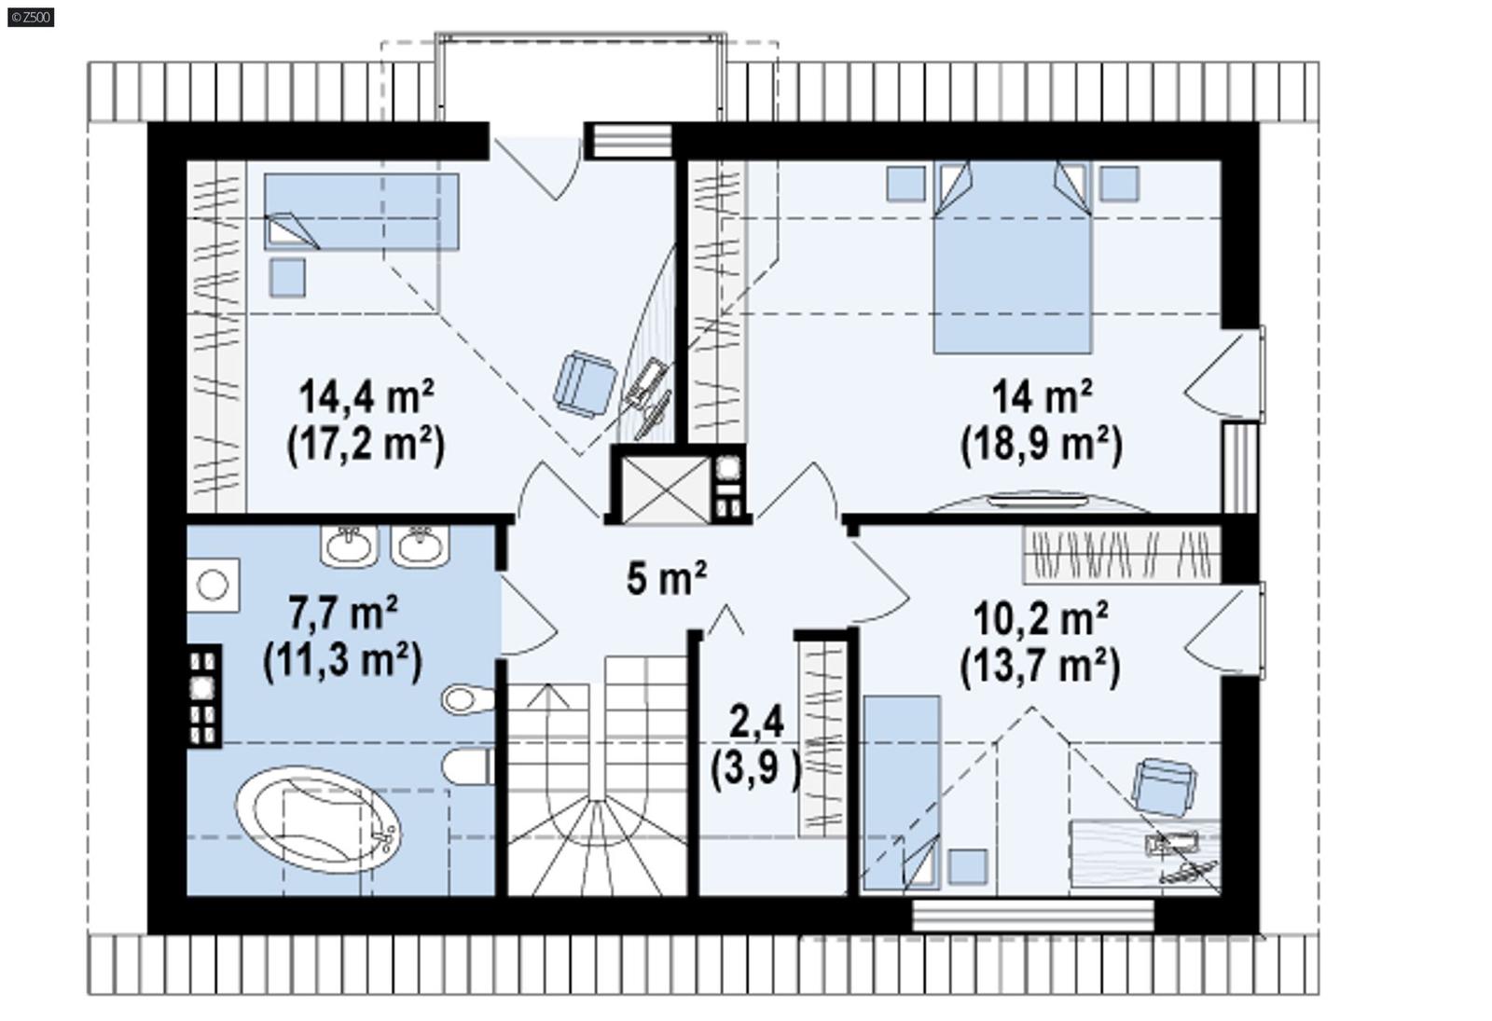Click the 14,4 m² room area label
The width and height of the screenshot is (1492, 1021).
(x=366, y=398)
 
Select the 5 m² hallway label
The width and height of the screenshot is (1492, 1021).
(x=666, y=578)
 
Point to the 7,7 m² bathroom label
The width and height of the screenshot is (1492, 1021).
(x=343, y=614)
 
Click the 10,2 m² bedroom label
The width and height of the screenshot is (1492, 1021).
(x=1040, y=617)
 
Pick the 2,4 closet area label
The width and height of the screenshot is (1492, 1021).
(x=756, y=721)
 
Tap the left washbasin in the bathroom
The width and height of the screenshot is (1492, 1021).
(x=350, y=545)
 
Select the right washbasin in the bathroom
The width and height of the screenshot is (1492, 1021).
(x=420, y=545)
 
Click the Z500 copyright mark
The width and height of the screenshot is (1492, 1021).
(x=30, y=17)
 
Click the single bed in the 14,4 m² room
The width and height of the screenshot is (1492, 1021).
(x=361, y=212)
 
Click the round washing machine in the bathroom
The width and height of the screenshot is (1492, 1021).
(x=213, y=586)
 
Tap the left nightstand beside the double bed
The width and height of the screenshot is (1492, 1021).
(x=905, y=183)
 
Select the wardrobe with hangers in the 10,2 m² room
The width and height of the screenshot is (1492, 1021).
(x=1122, y=555)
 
